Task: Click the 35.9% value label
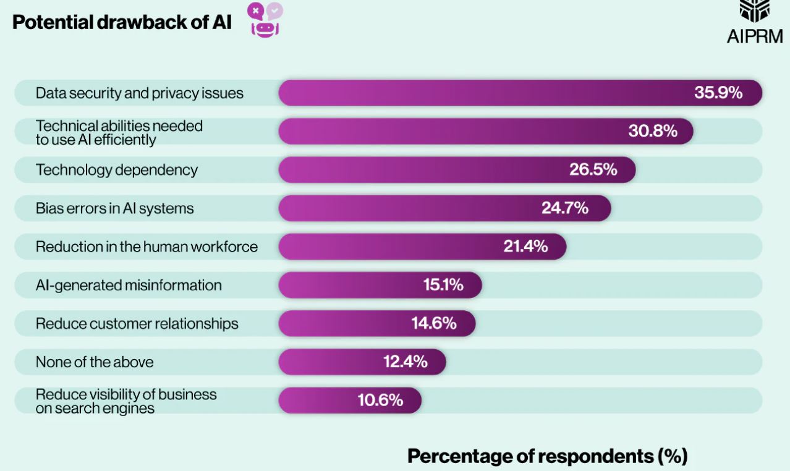point(718,93)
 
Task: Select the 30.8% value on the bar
point(653,131)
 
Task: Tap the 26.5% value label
point(593,169)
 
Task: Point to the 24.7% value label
point(565,208)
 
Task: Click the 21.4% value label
point(525,246)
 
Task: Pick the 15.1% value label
point(443,285)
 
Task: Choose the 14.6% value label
point(434,323)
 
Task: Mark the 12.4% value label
point(405,362)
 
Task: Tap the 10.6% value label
point(380,400)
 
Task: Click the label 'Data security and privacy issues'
point(140,93)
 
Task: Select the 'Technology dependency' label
point(117,169)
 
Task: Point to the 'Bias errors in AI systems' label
point(114,208)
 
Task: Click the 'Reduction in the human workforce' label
point(147,247)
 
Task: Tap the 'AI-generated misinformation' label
point(129,285)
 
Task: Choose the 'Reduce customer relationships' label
point(137,323)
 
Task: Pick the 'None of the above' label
point(95,362)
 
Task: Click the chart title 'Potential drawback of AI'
point(122,22)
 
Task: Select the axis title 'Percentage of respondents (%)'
point(547,456)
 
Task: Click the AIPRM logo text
point(754,36)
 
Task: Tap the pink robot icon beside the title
point(265,20)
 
